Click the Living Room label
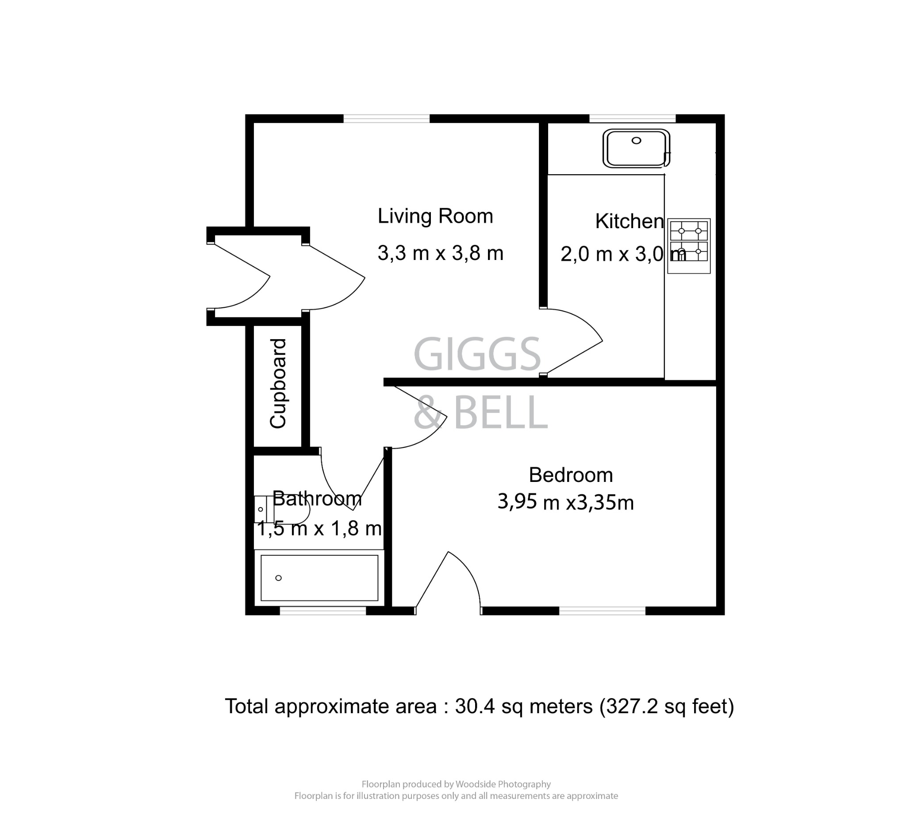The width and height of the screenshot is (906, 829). (435, 217)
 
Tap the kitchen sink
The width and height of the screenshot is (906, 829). (636, 148)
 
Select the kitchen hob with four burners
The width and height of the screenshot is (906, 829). (688, 246)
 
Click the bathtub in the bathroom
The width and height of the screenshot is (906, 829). (319, 578)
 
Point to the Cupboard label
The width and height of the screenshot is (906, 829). (278, 383)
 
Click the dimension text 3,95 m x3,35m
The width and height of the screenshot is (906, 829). (565, 503)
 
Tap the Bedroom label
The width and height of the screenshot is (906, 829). (570, 475)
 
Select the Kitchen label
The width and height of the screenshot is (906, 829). (629, 222)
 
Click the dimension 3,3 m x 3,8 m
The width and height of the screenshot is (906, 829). (440, 253)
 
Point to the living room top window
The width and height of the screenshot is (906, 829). (387, 118)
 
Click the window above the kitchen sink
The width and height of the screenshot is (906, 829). (632, 118)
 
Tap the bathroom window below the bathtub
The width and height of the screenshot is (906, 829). (322, 611)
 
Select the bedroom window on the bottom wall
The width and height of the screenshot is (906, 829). (602, 611)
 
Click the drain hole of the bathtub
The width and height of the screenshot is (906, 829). (279, 578)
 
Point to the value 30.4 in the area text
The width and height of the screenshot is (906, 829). (475, 707)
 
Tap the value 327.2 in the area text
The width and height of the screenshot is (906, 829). (631, 707)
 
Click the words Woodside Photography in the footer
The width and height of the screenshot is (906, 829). (503, 784)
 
